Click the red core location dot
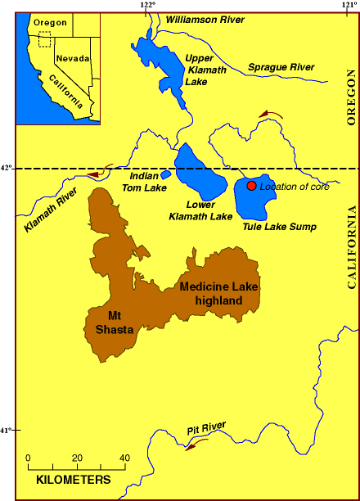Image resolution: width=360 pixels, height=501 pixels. [252, 186]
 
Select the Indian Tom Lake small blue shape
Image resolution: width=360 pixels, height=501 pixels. [165, 174]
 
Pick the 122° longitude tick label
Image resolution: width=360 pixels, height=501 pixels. [147, 6]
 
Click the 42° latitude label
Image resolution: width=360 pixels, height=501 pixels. [7, 169]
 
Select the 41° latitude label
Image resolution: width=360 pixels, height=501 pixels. [7, 431]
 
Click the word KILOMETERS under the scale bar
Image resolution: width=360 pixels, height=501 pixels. [74, 478]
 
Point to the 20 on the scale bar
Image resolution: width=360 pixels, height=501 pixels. [77, 457]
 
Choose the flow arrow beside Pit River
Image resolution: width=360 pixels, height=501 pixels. [196, 445]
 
